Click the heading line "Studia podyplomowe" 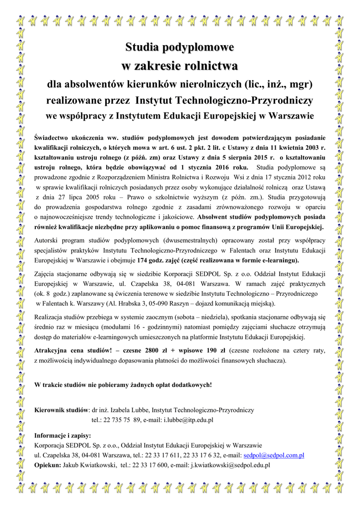[x=179, y=48]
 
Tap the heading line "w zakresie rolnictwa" [x=179, y=65]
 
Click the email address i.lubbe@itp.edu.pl [x=188, y=420]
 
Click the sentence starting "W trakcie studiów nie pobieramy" [x=123, y=384]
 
